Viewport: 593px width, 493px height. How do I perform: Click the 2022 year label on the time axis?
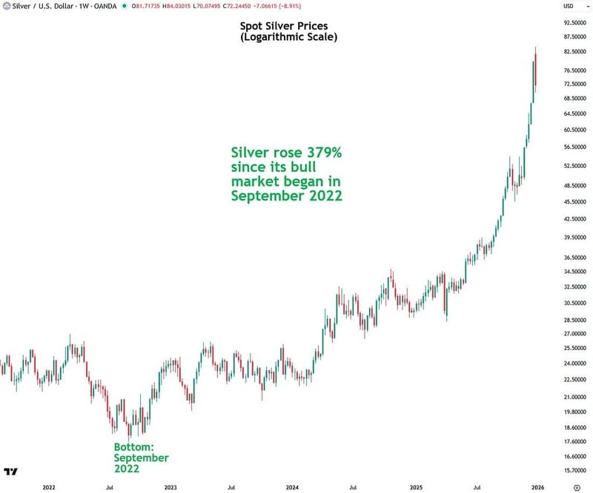coord(49,488)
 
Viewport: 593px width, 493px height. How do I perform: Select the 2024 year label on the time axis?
coord(292,488)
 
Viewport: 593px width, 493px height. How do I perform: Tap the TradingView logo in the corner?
coord(10,472)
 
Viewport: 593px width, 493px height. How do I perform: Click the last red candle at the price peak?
coord(536,74)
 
